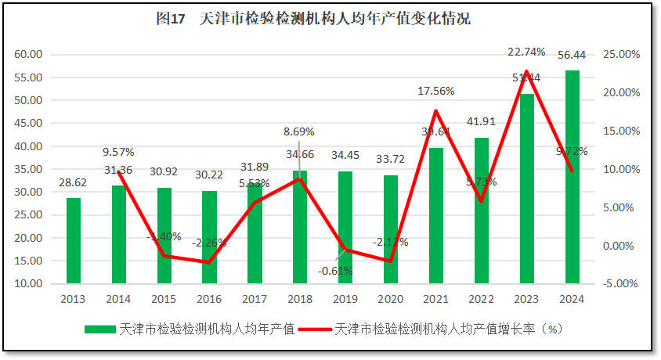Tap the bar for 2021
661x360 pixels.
click(436, 215)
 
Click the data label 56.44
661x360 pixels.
click(572, 55)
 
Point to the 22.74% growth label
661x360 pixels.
click(526, 52)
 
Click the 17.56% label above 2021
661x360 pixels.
click(436, 91)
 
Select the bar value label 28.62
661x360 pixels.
click(73, 182)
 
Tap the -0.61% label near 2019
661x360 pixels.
click(335, 271)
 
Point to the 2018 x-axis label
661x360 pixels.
click(300, 298)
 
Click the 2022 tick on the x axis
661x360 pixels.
click(482, 298)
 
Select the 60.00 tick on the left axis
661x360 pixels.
click(28, 54)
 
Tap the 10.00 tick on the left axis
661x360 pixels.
click(28, 283)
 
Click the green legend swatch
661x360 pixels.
click(99, 329)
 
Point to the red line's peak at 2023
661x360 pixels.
click(527, 71)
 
